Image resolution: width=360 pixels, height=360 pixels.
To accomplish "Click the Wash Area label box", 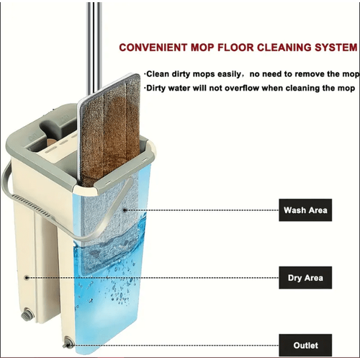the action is coord(305,210).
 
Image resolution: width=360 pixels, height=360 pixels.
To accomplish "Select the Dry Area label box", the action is coord(305,278).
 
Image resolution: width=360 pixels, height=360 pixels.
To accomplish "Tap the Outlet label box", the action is coord(305,345).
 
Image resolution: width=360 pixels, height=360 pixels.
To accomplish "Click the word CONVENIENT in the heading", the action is coord(153,48).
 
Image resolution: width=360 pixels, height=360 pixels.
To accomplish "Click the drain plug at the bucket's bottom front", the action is coord(68,343).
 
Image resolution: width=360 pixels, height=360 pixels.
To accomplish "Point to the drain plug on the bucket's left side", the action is coord(26,315).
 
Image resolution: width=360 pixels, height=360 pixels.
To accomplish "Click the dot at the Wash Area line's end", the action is coord(125,210).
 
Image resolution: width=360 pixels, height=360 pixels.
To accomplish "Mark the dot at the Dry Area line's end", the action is coord(27,278).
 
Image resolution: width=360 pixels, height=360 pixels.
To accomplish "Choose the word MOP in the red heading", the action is coord(202,48).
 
